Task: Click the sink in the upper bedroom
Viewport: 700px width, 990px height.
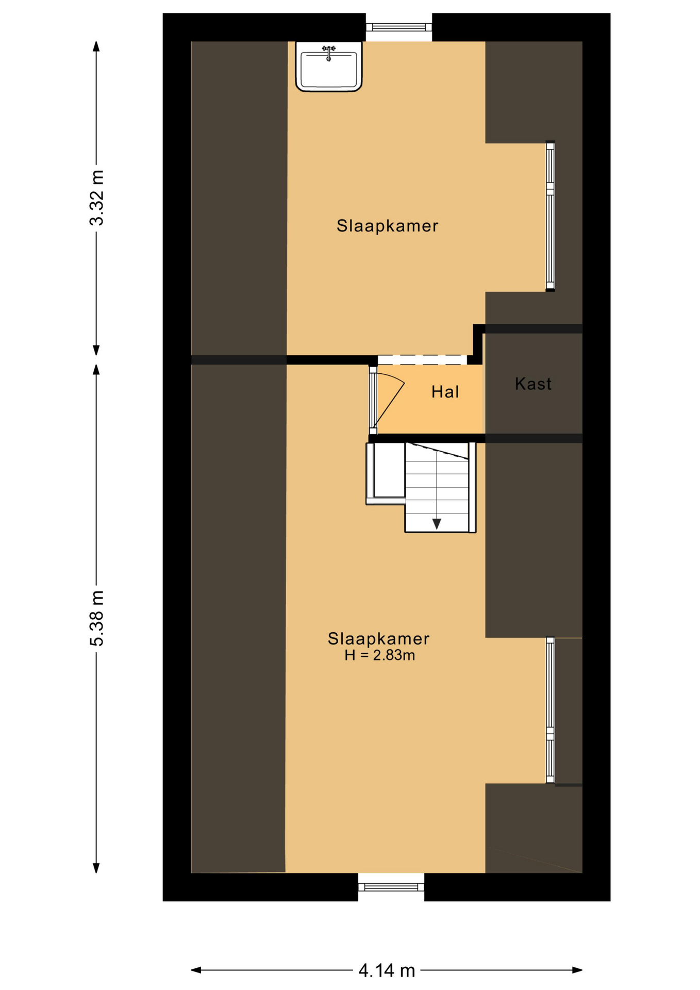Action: (328, 67)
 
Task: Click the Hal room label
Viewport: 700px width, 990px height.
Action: (445, 392)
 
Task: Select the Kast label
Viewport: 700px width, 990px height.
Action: (533, 384)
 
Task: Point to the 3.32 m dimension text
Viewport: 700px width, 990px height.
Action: (96, 197)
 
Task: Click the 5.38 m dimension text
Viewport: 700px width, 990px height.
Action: (96, 618)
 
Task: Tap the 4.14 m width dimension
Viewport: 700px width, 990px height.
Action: (387, 971)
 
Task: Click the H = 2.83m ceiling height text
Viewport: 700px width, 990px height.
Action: (380, 655)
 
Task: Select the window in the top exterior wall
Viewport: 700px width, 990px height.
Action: (398, 27)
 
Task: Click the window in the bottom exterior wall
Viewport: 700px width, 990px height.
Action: (391, 887)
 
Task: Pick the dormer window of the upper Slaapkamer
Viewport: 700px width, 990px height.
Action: (550, 217)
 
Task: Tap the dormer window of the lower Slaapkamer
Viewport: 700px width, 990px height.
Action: (550, 710)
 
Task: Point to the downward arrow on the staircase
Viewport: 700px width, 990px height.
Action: (437, 524)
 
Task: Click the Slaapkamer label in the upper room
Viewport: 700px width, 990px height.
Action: (387, 226)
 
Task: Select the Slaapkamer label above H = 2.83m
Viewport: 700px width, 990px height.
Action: (378, 639)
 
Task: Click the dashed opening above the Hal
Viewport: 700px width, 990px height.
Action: (422, 360)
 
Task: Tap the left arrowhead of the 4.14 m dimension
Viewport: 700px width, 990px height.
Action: (196, 970)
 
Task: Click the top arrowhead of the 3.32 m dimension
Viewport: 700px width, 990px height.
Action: (96, 46)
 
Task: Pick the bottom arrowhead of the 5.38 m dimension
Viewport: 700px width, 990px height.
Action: (96, 867)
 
